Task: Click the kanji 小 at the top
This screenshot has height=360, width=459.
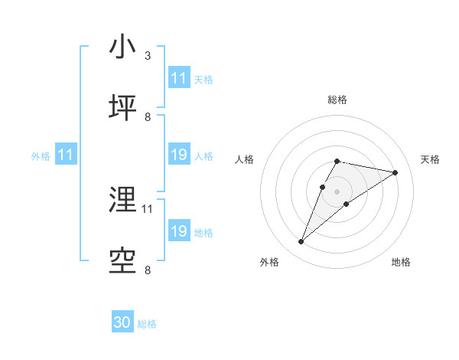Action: click(x=123, y=47)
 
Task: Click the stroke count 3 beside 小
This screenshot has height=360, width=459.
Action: click(x=148, y=56)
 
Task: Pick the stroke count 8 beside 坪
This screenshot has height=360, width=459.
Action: click(x=148, y=117)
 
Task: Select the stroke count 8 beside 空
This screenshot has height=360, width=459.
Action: click(x=148, y=270)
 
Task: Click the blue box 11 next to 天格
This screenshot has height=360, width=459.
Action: click(x=179, y=78)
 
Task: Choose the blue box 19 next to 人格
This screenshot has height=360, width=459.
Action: click(x=179, y=155)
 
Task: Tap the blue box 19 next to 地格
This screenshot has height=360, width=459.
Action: click(x=179, y=231)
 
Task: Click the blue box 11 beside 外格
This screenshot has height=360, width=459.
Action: click(x=66, y=155)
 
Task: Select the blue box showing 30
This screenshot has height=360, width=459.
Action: click(x=122, y=323)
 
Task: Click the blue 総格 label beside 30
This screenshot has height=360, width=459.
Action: click(x=147, y=324)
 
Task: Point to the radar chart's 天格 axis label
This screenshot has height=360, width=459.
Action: click(x=431, y=159)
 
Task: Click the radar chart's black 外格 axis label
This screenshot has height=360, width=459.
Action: click(x=269, y=262)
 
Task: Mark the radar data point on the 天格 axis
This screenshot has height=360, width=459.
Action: click(x=396, y=172)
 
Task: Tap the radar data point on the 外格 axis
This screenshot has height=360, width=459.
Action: click(x=301, y=242)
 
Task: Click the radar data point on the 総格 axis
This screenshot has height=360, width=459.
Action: click(x=337, y=162)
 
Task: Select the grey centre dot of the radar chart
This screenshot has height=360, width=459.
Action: click(x=337, y=191)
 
